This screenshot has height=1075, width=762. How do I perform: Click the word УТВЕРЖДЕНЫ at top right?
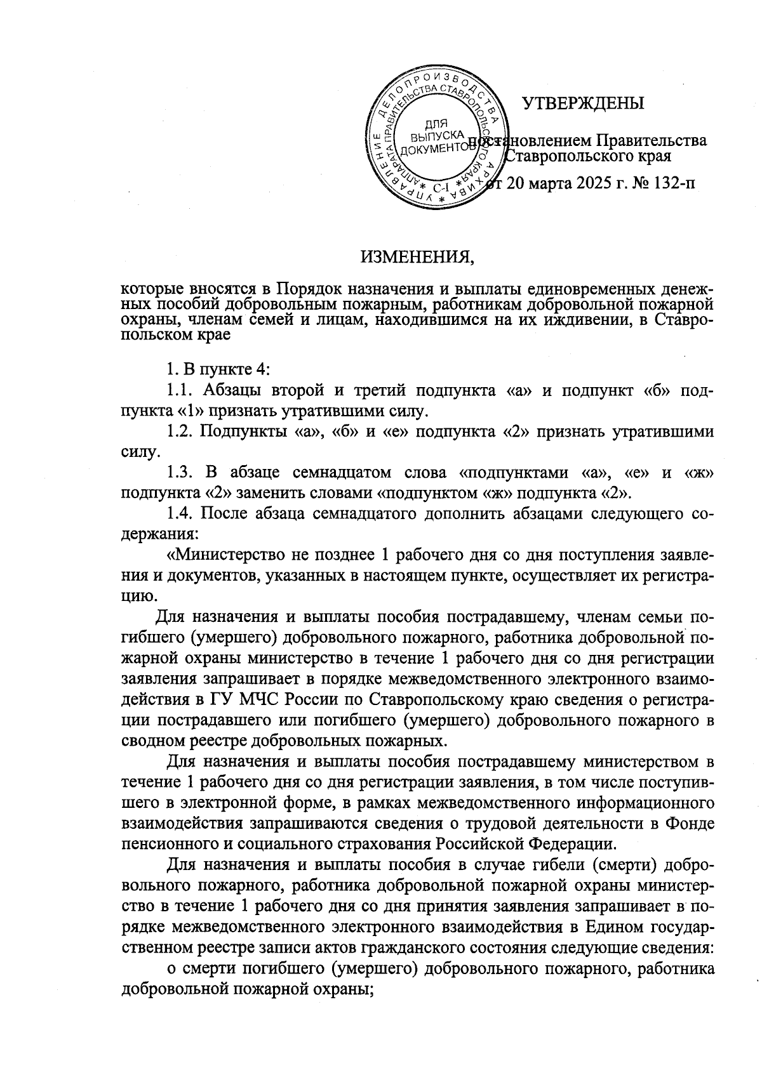[x=582, y=103]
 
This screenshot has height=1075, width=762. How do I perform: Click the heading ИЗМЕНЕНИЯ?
[x=417, y=257]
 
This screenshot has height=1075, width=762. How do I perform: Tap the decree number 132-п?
[x=667, y=184]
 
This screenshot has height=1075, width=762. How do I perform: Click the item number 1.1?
[x=179, y=390]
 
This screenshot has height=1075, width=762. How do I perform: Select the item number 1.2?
[x=179, y=432]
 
